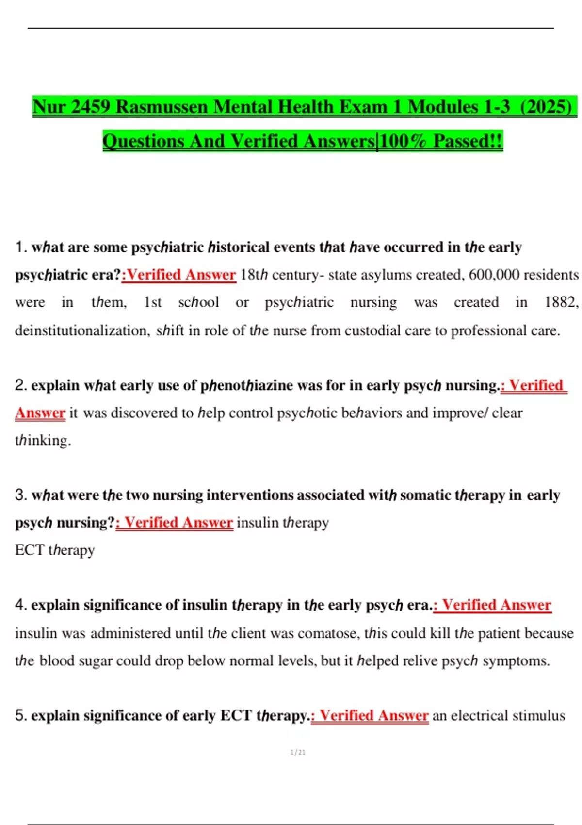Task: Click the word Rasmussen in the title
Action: click(x=162, y=107)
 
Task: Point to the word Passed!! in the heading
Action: click(x=468, y=141)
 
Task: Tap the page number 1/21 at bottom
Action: click(x=298, y=752)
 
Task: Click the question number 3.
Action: click(x=21, y=495)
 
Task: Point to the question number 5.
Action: click(x=21, y=715)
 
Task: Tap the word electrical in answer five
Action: click(x=479, y=715)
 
